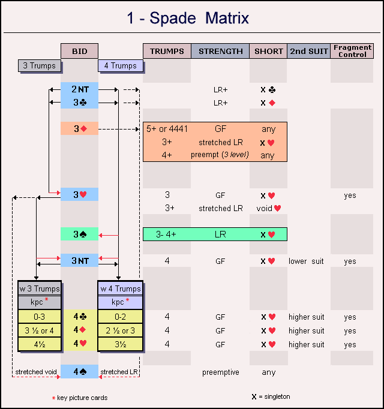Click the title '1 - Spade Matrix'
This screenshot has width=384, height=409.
click(187, 18)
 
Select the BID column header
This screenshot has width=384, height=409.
click(79, 51)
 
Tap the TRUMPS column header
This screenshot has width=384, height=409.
click(167, 51)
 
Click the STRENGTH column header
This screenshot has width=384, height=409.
click(220, 51)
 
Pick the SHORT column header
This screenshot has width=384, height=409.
click(268, 51)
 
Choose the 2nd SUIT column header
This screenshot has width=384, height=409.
click(308, 51)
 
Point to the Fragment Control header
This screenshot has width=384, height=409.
click(352, 51)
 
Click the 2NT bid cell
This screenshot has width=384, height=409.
click(79, 89)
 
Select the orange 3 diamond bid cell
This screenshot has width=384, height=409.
click(79, 128)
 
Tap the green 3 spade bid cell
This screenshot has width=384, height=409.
click(79, 234)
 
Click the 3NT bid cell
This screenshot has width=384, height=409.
click(79, 261)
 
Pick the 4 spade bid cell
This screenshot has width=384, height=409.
click(79, 372)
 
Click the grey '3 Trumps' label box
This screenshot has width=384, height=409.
click(40, 66)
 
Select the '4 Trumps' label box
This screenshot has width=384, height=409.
click(120, 66)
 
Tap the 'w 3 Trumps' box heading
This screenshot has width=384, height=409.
click(39, 288)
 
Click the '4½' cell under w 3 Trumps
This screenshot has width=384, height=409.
click(39, 344)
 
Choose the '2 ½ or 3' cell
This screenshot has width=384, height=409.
click(121, 330)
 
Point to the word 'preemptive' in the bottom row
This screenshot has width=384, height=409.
click(220, 372)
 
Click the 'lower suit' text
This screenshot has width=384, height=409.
click(306, 261)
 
